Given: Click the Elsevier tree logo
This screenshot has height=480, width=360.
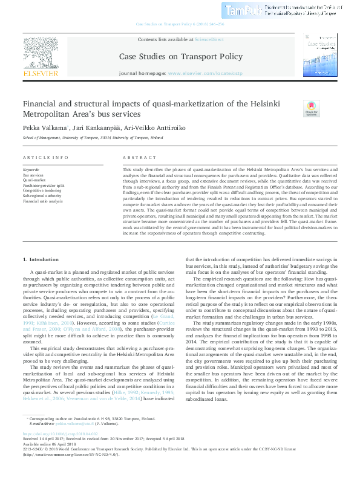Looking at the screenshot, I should [x=41, y=53].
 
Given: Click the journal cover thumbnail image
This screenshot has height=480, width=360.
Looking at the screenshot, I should [x=321, y=55].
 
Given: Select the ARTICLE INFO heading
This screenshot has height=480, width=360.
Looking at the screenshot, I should [x=45, y=157].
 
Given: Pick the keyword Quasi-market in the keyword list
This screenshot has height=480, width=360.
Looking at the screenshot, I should [x=34, y=180].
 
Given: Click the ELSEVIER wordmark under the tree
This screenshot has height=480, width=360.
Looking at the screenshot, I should [x=41, y=73].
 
